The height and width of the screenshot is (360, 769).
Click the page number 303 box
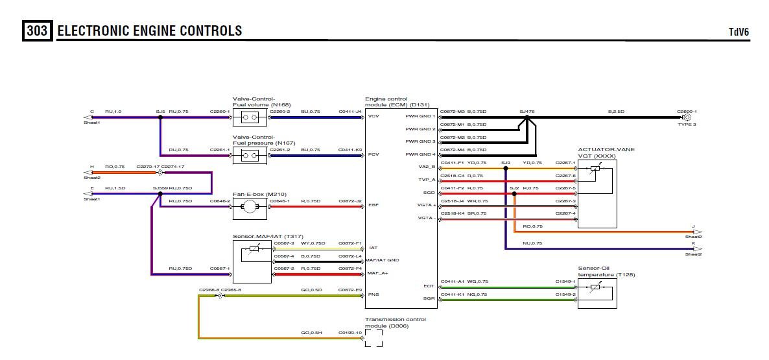(38, 30)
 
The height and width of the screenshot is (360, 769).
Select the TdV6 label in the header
(739, 32)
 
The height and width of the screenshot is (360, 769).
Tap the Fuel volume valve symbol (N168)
(250, 117)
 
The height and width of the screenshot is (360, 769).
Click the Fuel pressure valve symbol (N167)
(250, 155)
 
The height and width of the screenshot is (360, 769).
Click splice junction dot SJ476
(526, 117)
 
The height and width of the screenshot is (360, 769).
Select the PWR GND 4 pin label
(420, 154)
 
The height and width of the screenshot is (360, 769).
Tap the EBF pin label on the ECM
(373, 206)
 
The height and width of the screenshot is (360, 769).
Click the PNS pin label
(373, 294)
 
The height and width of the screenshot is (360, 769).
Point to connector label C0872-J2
(350, 201)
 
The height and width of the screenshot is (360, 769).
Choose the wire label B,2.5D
(615, 112)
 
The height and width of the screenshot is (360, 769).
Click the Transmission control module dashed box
(373, 337)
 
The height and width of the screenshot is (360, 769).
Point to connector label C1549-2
(565, 294)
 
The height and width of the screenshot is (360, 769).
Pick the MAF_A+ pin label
(377, 273)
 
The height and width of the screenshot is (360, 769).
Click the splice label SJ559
(160, 188)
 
